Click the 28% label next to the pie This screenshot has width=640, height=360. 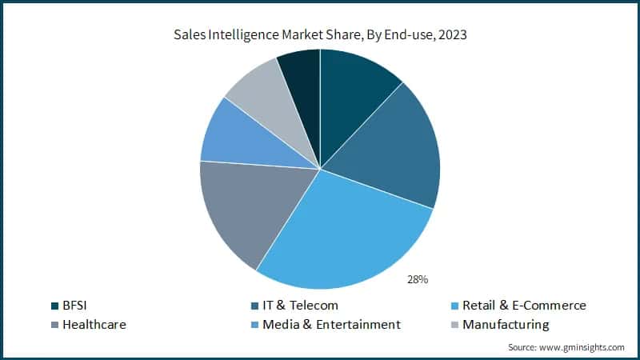[418, 279]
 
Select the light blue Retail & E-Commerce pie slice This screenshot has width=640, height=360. [344, 232]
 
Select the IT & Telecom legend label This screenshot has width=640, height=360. [299, 305]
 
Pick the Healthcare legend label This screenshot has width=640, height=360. [94, 324]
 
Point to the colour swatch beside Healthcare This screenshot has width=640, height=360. [54, 325]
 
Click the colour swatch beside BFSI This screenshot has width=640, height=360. [54, 306]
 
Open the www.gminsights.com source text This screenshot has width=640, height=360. [584, 347]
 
